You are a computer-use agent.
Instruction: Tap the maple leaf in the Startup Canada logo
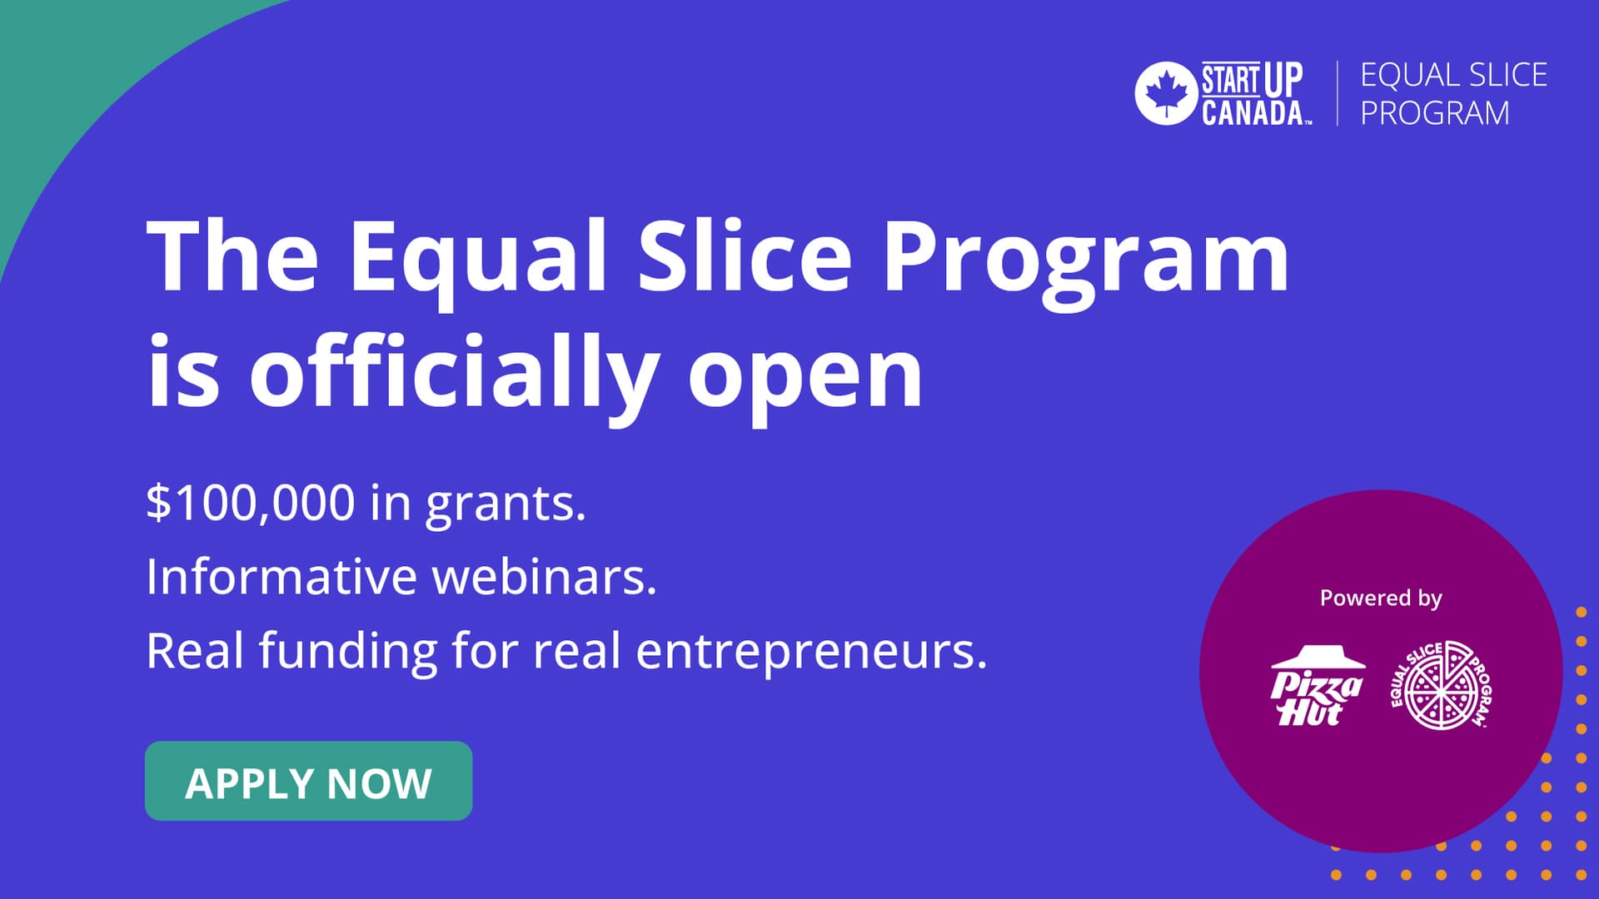click(x=1166, y=93)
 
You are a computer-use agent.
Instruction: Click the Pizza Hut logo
click(x=1316, y=686)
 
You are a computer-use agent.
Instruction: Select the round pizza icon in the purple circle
click(x=1441, y=686)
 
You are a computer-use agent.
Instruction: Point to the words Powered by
click(x=1380, y=598)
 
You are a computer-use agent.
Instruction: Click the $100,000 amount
click(x=250, y=503)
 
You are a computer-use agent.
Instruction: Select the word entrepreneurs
click(x=811, y=651)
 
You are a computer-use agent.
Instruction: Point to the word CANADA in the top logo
click(x=1253, y=112)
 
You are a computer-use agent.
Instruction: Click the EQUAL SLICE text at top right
click(x=1453, y=75)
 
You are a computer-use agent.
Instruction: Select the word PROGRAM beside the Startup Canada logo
click(x=1434, y=113)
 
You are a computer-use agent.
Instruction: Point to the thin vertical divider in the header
click(x=1337, y=93)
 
